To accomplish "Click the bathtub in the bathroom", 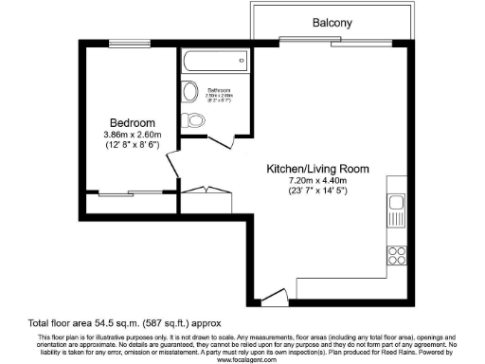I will pyautogui.click(x=215, y=62).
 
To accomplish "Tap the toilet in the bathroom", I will pyautogui.click(x=196, y=120).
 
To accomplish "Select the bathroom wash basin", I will pyautogui.click(x=189, y=93).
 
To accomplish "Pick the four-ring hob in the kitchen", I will pyautogui.click(x=396, y=253).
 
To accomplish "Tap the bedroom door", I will pyautogui.click(x=171, y=167).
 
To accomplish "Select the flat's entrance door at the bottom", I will pyautogui.click(x=274, y=299).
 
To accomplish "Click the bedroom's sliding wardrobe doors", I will pyautogui.click(x=129, y=194).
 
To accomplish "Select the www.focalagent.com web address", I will pyautogui.click(x=242, y=355).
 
